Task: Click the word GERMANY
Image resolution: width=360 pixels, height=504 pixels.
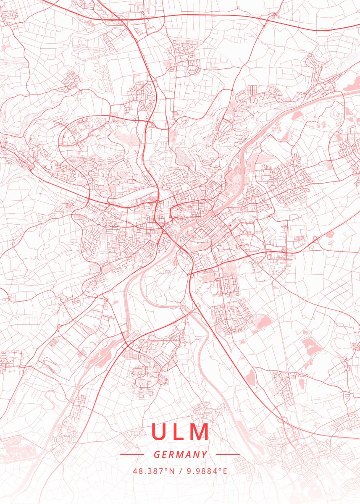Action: (x=180, y=454)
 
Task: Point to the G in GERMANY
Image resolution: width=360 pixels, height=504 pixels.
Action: (x=157, y=454)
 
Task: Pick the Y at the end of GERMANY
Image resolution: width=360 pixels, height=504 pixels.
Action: (x=204, y=454)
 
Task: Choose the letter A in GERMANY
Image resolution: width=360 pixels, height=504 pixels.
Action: (x=188, y=454)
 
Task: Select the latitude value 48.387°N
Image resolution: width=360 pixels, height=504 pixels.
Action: (x=154, y=471)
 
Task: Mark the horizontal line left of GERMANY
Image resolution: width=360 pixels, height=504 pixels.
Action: (x=132, y=454)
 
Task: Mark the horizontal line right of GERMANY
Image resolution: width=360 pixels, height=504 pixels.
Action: (x=228, y=454)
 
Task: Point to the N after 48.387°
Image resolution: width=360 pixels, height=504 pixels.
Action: (x=172, y=471)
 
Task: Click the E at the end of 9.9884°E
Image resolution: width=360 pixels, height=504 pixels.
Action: (x=225, y=471)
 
